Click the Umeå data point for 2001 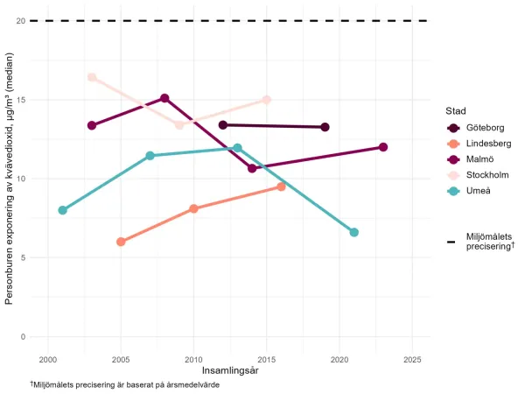(62, 210)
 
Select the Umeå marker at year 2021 (354, 232)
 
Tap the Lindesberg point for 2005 (121, 242)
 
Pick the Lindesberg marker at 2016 (281, 186)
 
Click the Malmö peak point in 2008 (164, 98)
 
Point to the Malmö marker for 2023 (383, 147)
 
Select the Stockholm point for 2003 (92, 77)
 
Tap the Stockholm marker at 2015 (267, 100)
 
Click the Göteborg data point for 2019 (325, 127)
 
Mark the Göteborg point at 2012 (223, 125)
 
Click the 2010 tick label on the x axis (193, 359)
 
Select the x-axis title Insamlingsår (229, 371)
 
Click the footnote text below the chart (124, 385)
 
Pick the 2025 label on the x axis (413, 359)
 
